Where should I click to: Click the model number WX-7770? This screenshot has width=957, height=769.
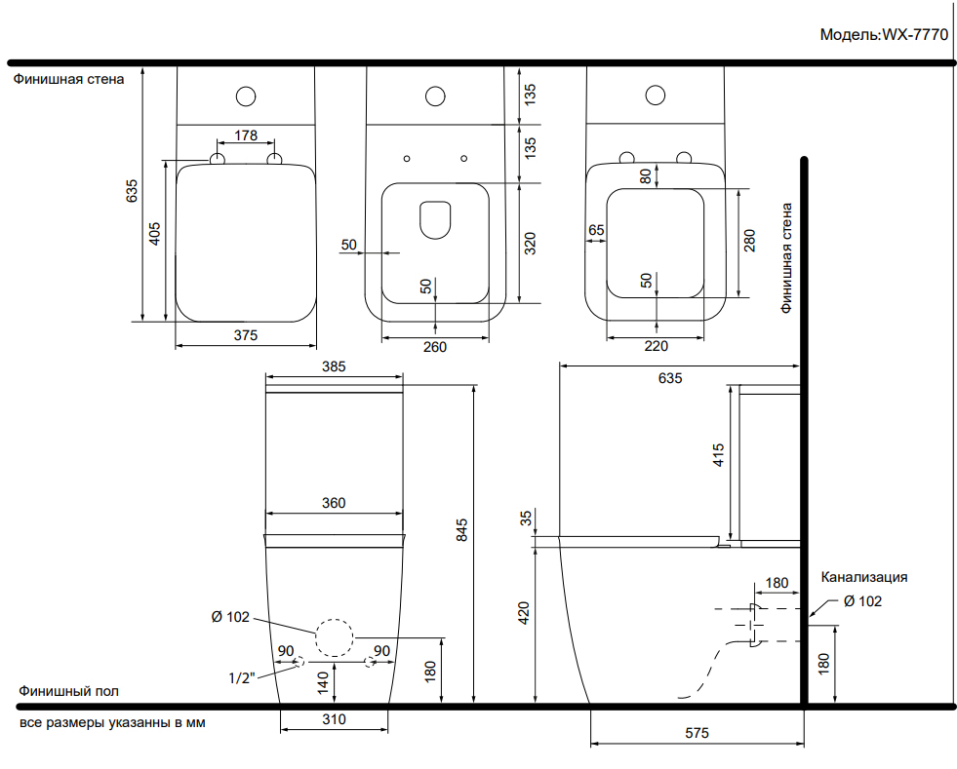pyautogui.click(x=915, y=35)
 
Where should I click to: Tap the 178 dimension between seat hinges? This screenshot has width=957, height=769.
pyautogui.click(x=246, y=135)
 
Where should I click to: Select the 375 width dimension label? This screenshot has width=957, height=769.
pyautogui.click(x=246, y=335)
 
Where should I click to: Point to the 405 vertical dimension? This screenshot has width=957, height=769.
pyautogui.click(x=155, y=234)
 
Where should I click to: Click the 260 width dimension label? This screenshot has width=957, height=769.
pyautogui.click(x=435, y=347)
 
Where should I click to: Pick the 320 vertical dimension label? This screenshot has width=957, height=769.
pyautogui.click(x=530, y=244)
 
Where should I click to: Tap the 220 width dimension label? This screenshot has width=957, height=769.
pyautogui.click(x=657, y=346)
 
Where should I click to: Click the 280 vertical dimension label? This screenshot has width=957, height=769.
pyautogui.click(x=749, y=241)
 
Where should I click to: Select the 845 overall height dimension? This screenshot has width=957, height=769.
pyautogui.click(x=462, y=530)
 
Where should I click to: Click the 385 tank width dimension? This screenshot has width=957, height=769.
pyautogui.click(x=334, y=366)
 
